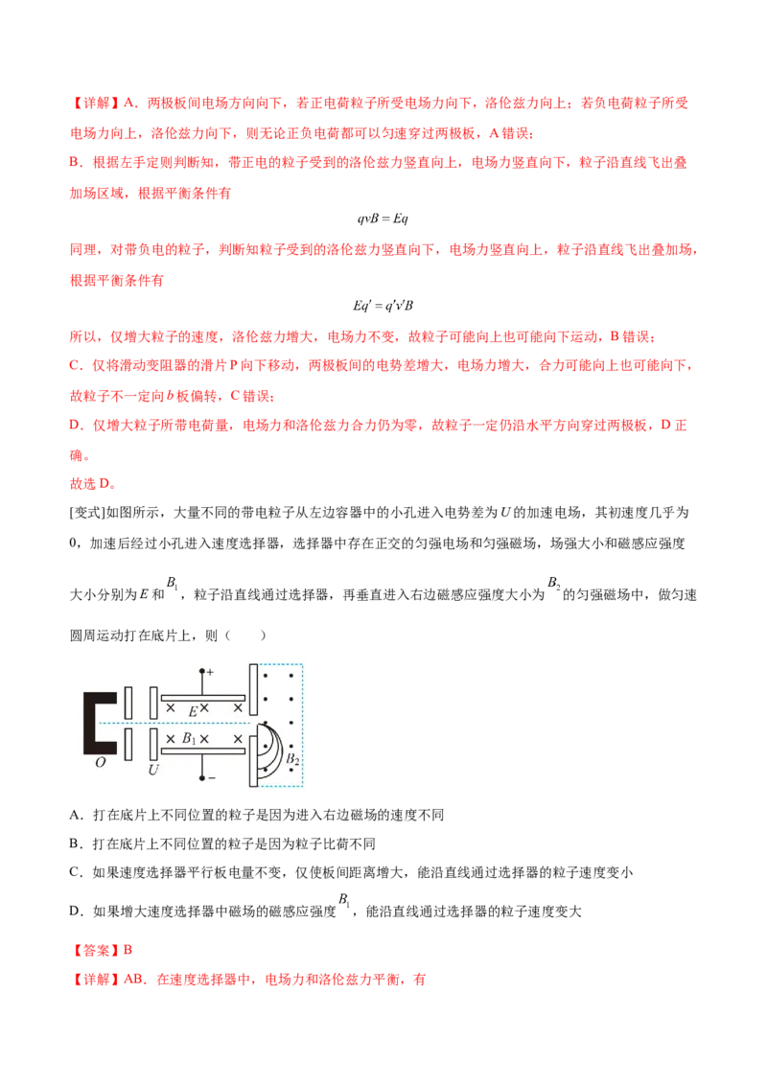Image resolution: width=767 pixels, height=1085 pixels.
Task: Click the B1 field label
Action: point(189,740)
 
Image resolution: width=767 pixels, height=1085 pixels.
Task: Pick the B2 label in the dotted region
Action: point(291,759)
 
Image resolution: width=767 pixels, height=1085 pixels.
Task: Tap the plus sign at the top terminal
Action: point(210,672)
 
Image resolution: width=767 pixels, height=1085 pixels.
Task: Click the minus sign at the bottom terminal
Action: point(211,778)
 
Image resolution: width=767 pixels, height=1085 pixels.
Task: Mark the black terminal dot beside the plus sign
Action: point(201,672)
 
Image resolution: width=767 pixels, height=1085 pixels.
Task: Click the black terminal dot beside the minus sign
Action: point(201,778)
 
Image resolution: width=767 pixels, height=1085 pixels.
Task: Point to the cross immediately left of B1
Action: point(171,739)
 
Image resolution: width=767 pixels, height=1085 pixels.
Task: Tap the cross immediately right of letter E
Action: point(204,708)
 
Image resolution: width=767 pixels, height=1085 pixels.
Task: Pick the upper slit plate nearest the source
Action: point(128,702)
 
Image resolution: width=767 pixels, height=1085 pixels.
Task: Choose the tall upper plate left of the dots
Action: point(253,689)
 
